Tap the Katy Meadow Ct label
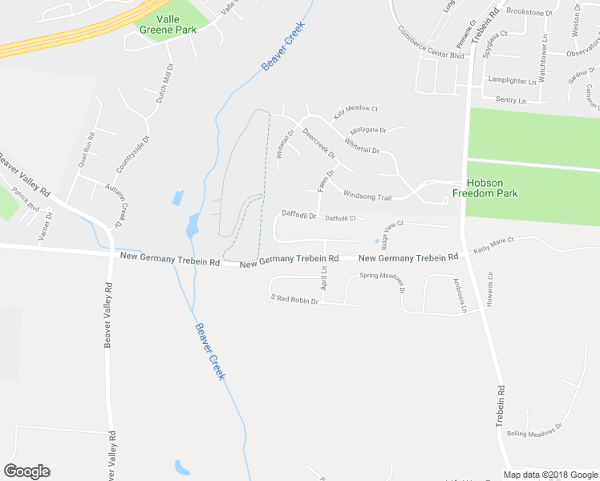355,108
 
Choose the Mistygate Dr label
368,130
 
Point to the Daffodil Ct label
341,218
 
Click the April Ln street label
324,280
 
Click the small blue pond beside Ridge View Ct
377,240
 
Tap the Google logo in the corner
26,471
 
